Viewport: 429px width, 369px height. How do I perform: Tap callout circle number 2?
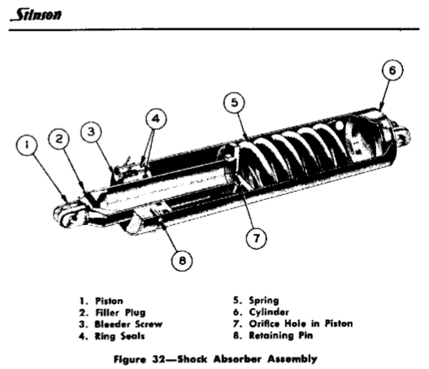[60, 140]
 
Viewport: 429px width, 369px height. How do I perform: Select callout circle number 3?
[91, 130]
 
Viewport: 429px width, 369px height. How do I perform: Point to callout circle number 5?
[233, 103]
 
